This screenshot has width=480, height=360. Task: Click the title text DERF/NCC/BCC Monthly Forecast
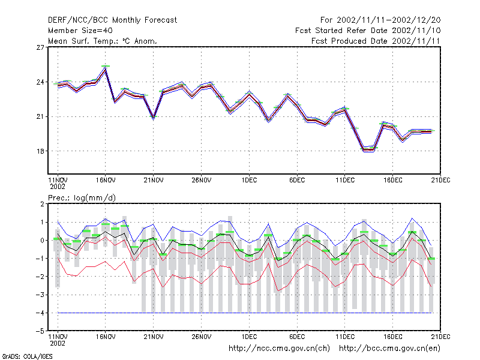pyautogui.click(x=112, y=20)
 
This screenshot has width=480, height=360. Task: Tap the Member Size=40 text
pyautogui.click(x=80, y=31)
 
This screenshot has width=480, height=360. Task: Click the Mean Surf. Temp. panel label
pyautogui.click(x=103, y=41)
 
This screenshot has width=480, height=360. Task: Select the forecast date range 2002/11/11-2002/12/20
pyautogui.click(x=380, y=20)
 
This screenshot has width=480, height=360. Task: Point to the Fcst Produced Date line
pyautogui.click(x=376, y=41)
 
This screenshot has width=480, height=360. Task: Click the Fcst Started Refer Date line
pyautogui.click(x=368, y=31)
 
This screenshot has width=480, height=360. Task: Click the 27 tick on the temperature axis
pyautogui.click(x=40, y=47)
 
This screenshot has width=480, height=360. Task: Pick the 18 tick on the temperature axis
pyautogui.click(x=40, y=151)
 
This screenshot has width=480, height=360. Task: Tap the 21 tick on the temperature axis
pyautogui.click(x=40, y=116)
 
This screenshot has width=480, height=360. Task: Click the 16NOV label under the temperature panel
pyautogui.click(x=106, y=180)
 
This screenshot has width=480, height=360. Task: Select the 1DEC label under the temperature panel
pyautogui.click(x=249, y=180)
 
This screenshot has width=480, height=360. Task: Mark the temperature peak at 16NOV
pyautogui.click(x=106, y=69)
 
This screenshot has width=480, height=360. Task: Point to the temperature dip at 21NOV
pyautogui.click(x=154, y=117)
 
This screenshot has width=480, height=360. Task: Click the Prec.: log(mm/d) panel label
pyautogui.click(x=82, y=198)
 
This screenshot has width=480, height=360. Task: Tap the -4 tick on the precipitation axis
pyautogui.click(x=39, y=313)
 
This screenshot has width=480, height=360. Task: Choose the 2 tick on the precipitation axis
pyautogui.click(x=42, y=204)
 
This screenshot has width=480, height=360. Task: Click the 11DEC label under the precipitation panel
pyautogui.click(x=345, y=337)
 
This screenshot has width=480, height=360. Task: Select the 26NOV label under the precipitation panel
pyautogui.click(x=202, y=337)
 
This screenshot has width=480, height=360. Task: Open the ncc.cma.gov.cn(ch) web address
pyautogui.click(x=280, y=349)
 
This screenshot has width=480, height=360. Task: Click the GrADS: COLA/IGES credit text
pyautogui.click(x=27, y=356)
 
